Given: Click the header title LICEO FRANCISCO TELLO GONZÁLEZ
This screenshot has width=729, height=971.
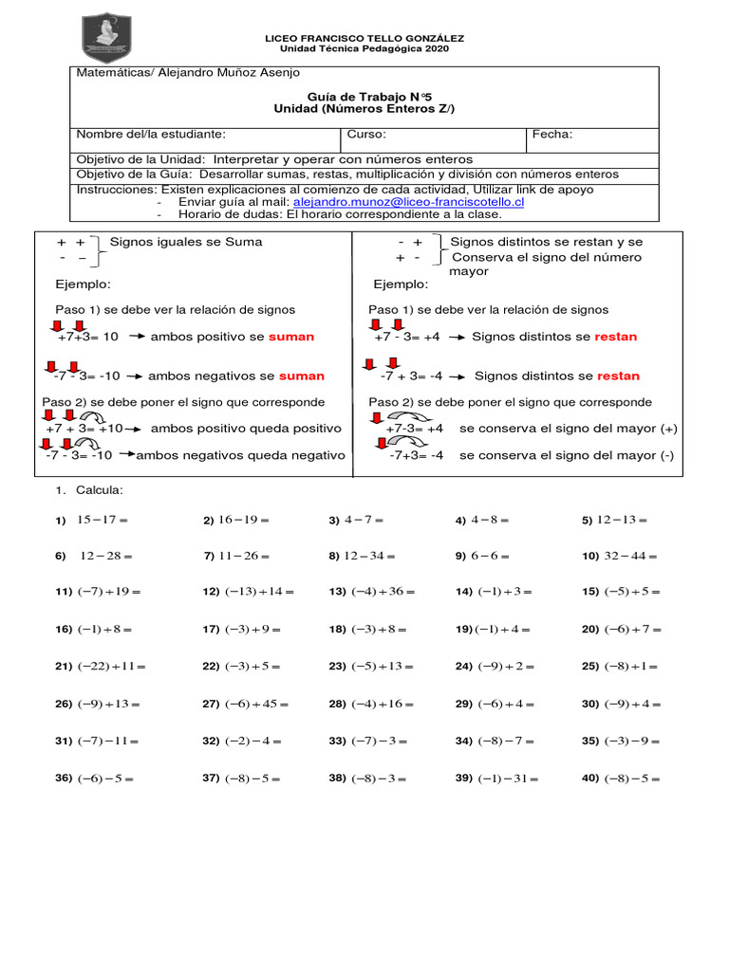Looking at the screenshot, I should coord(364,38).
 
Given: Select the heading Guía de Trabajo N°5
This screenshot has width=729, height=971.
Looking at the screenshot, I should coord(364,96).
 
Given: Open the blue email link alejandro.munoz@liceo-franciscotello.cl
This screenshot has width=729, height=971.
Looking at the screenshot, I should coord(408,202).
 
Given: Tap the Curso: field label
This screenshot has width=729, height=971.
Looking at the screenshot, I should coord(366,135).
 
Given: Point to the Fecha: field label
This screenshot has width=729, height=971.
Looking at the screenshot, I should coord(552,135).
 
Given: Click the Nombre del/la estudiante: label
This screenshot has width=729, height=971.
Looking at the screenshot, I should coord(151,135).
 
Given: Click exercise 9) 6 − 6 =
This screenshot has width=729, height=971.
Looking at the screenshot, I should coord(483,557).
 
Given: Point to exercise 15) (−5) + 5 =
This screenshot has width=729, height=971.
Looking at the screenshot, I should coord(621,592).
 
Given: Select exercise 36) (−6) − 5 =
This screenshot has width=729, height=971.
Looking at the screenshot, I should coord(94,779).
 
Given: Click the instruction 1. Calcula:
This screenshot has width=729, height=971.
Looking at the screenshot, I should coord(89,490).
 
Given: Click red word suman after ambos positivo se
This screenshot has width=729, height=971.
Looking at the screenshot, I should coord(290,337).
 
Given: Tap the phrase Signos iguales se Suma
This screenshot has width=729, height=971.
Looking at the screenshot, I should coord(186,242).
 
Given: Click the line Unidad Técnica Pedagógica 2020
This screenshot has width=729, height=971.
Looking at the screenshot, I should coord(364,49).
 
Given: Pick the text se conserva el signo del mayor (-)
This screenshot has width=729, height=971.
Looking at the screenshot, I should coord(567,455).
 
